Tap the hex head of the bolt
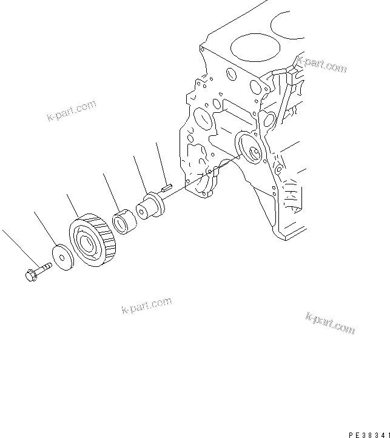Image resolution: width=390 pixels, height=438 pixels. point(31,275)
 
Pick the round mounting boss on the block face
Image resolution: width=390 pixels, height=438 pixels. point(249,148)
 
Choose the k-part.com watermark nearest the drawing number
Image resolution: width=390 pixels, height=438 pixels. point(330,324)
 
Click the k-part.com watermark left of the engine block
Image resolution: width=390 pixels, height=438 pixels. point(71,111)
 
